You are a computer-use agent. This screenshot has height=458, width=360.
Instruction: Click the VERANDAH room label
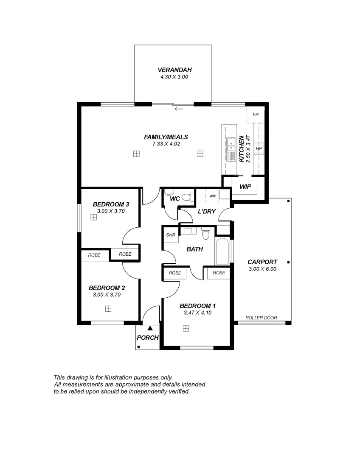point(172,70)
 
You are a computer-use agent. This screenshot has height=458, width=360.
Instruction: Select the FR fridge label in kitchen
point(256,115)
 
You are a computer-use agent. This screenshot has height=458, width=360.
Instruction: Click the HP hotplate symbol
point(259,149)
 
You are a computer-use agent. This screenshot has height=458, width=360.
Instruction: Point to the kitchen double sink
point(231,145)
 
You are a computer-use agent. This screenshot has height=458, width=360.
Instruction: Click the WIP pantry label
point(245,187)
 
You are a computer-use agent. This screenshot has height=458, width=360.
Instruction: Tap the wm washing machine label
point(213,195)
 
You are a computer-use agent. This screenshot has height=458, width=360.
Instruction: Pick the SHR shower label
point(171,235)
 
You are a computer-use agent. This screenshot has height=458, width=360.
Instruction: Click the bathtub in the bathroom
point(222,252)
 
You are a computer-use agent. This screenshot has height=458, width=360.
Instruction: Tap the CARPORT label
point(262,262)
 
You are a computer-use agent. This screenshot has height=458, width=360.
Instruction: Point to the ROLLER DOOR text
point(261,318)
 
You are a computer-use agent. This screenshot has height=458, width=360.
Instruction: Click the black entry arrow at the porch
point(150,328)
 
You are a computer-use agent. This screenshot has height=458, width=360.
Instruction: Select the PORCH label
point(147,338)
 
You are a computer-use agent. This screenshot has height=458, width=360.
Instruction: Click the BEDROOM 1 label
point(197,306)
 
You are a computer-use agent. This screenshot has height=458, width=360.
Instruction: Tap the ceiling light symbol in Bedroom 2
point(108,309)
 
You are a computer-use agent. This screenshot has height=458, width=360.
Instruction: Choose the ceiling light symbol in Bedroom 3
point(93,218)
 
